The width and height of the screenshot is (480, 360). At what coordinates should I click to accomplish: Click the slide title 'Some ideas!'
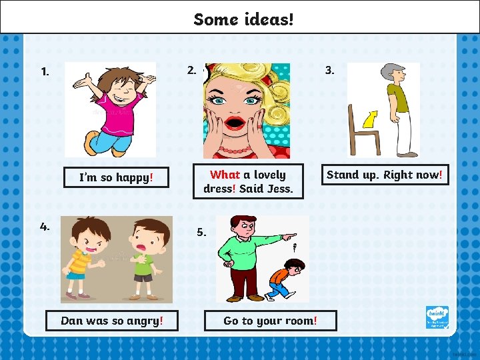(243, 19)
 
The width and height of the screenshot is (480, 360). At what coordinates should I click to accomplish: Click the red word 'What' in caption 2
(225, 175)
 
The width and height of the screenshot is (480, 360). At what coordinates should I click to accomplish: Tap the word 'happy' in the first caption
(133, 177)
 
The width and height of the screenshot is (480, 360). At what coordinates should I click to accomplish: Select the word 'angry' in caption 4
(143, 321)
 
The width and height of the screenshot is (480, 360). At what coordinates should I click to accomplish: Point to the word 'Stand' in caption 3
(342, 175)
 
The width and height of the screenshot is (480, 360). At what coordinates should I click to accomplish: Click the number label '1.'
(45, 71)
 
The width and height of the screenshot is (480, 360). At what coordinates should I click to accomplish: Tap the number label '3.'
(329, 70)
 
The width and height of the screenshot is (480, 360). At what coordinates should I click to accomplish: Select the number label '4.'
(45, 227)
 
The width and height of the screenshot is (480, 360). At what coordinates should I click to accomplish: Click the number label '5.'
(201, 233)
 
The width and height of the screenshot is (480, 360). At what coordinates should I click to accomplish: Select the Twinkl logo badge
(437, 317)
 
